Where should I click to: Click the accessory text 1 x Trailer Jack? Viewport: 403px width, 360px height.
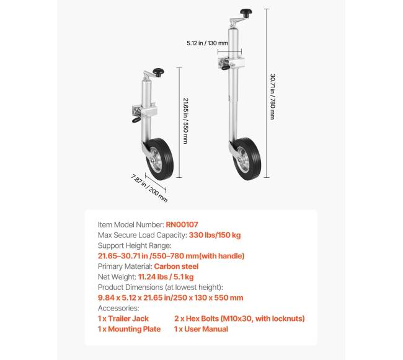[x=123, y=318]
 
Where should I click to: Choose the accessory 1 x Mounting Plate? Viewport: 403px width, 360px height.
[x=129, y=329]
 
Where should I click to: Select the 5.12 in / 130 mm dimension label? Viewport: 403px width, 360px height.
[x=206, y=43]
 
